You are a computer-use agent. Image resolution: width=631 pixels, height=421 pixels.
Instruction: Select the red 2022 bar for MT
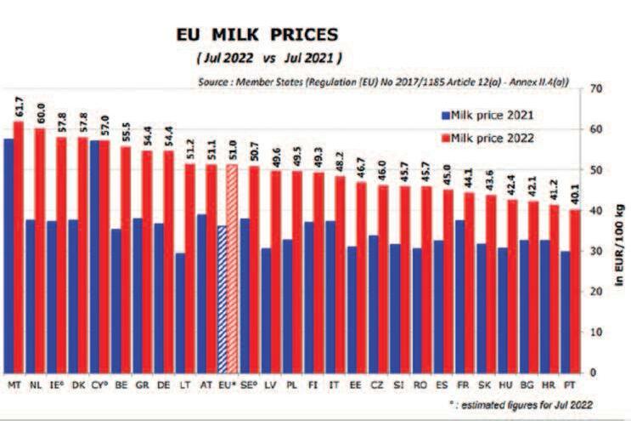[x=19, y=247]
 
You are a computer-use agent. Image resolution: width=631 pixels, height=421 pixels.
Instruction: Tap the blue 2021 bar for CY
[x=94, y=255]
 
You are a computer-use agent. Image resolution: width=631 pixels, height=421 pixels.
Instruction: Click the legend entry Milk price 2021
[x=480, y=113]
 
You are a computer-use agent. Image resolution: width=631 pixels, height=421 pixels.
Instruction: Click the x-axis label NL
[x=35, y=384]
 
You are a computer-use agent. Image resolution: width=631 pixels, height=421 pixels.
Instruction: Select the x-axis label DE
[x=161, y=384]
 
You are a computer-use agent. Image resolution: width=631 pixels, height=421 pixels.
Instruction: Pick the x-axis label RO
[x=419, y=384]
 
